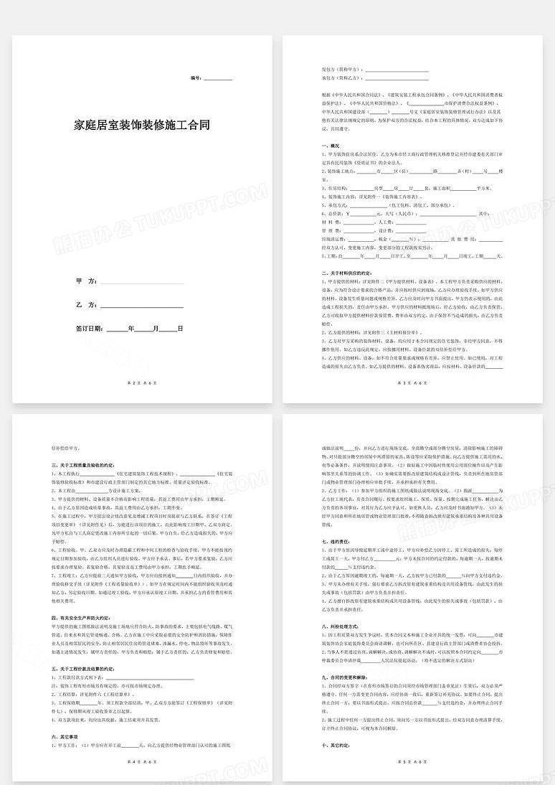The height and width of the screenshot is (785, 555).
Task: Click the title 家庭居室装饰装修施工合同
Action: tap(142, 124)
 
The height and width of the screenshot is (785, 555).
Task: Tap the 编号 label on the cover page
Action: tap(196, 77)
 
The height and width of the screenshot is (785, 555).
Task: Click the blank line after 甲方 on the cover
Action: tap(142, 283)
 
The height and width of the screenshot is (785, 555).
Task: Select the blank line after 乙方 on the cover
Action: tap(142, 306)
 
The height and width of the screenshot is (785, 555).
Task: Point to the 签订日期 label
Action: tap(90, 328)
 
